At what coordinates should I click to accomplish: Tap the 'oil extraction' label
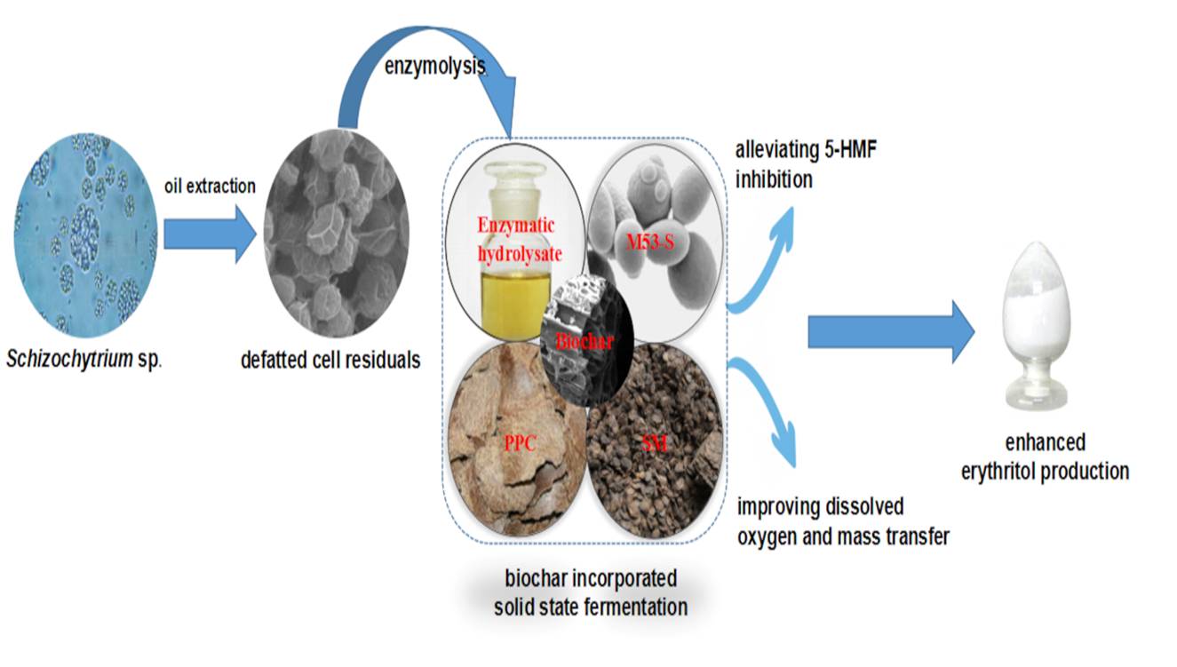coord(210,187)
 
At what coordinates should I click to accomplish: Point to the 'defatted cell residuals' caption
coord(330,361)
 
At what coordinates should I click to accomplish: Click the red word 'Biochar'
coord(585,340)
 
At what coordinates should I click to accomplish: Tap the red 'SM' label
coord(653,441)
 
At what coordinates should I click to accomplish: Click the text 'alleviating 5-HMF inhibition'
coord(813,166)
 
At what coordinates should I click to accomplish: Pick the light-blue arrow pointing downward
coord(766,409)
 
